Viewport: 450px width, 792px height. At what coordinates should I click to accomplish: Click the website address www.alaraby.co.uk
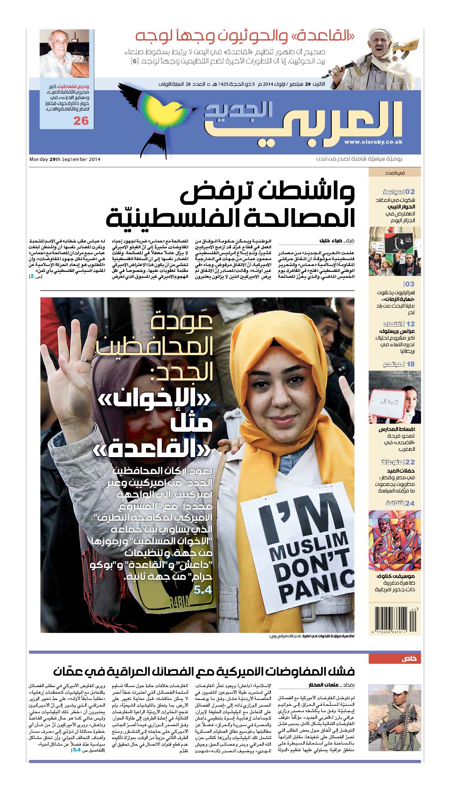pos(373,142)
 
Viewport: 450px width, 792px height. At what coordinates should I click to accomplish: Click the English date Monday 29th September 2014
pos(65,160)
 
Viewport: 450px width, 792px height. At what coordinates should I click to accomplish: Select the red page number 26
pos(81,121)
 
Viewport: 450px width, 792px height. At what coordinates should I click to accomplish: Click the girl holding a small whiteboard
pos(394,398)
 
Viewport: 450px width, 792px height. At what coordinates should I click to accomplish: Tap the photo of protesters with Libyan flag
pos(394,252)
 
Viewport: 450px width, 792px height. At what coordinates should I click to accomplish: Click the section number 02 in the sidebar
pos(410,192)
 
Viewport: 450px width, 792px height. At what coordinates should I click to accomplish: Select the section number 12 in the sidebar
pos(410,324)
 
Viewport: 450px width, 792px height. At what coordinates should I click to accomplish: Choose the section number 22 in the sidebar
pos(410,462)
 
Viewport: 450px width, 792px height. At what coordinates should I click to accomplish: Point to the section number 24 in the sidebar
pos(410,503)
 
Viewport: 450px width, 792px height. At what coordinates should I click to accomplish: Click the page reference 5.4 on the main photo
pos(202,590)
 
